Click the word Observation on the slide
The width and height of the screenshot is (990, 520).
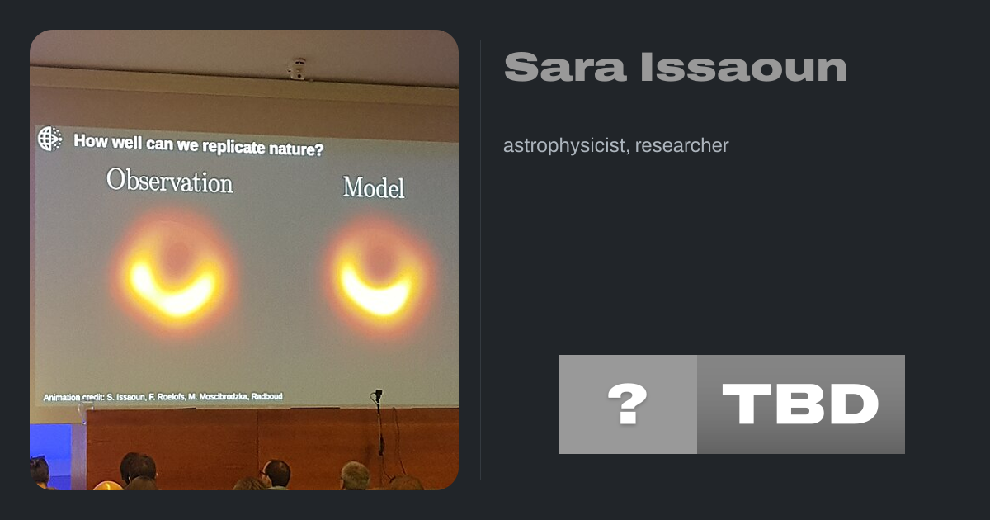pyautogui.click(x=170, y=181)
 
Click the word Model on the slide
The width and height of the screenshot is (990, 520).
pyautogui.click(x=374, y=187)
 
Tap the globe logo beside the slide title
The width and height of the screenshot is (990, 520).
pyautogui.click(x=50, y=139)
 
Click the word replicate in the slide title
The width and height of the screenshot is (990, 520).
pyautogui.click(x=233, y=146)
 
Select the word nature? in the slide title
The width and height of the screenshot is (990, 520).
pyautogui.click(x=296, y=149)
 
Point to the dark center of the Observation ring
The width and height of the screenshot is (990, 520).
pyautogui.click(x=177, y=257)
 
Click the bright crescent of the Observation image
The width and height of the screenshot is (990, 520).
pyautogui.click(x=172, y=297)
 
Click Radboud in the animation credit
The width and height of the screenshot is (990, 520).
pyautogui.click(x=267, y=396)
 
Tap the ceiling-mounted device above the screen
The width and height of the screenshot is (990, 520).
pyautogui.click(x=298, y=69)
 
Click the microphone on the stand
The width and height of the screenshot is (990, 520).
pyautogui.click(x=379, y=395)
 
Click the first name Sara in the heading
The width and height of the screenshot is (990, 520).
pyautogui.click(x=565, y=67)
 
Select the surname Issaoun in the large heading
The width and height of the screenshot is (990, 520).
pyautogui.click(x=744, y=67)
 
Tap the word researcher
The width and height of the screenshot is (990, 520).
pyautogui.click(x=682, y=146)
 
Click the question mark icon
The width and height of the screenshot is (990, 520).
pyautogui.click(x=628, y=404)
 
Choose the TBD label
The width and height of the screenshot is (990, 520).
pyautogui.click(x=800, y=404)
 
